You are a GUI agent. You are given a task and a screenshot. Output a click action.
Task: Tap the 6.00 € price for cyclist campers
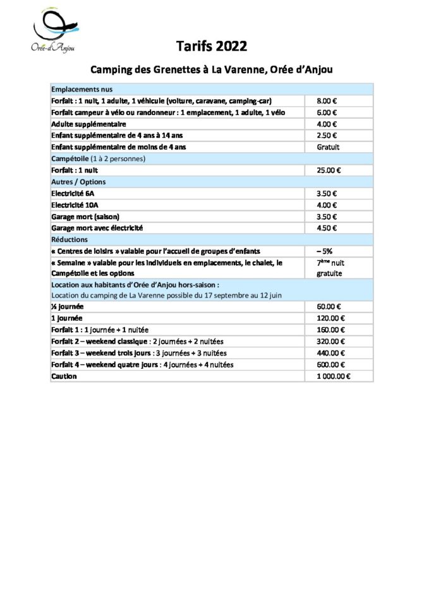[326, 112]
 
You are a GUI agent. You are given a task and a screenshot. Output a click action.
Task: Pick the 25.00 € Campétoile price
[329, 171]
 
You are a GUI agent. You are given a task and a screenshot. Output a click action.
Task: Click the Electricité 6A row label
[72, 194]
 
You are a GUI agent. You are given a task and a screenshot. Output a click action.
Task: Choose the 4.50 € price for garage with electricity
[326, 228]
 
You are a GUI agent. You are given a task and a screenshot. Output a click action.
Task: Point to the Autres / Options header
[79, 182]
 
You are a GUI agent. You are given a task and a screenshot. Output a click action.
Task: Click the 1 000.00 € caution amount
[333, 376]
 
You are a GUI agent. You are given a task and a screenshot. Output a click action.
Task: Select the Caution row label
[64, 376]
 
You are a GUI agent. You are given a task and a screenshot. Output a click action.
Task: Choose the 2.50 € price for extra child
[326, 136]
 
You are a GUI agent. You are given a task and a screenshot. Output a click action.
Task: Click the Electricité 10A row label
[74, 205]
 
